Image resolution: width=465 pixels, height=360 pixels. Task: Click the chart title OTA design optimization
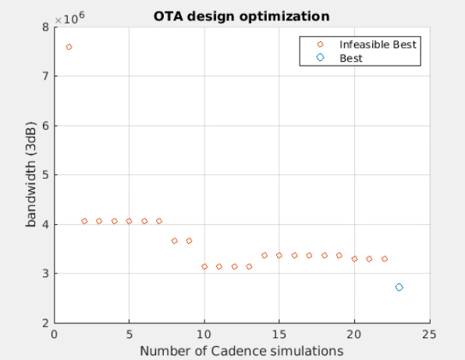pyautogui.click(x=241, y=16)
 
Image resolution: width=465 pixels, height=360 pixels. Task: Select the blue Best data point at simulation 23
pyautogui.click(x=399, y=287)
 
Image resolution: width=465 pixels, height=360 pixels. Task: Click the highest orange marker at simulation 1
pyautogui.click(x=69, y=47)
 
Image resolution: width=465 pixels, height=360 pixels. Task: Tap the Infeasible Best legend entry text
pyautogui.click(x=378, y=45)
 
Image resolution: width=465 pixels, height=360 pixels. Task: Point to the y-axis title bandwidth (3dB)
pyautogui.click(x=32, y=174)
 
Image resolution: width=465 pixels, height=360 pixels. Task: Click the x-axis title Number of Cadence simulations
pyautogui.click(x=240, y=351)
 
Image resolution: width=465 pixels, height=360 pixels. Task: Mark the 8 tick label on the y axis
pyautogui.click(x=44, y=27)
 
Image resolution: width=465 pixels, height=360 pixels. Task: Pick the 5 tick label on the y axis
pyautogui.click(x=44, y=175)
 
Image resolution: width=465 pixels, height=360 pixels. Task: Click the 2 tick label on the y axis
pyautogui.click(x=44, y=323)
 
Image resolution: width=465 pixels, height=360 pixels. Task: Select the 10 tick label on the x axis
pyautogui.click(x=204, y=334)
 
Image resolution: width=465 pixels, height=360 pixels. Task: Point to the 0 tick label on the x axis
pyautogui.click(x=54, y=334)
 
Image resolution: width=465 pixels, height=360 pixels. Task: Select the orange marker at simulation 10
pyautogui.click(x=204, y=266)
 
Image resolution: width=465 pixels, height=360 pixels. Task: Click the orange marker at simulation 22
pyautogui.click(x=385, y=258)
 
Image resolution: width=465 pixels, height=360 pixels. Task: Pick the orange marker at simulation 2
pyautogui.click(x=84, y=221)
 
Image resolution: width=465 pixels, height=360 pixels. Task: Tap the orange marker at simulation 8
pyautogui.click(x=174, y=241)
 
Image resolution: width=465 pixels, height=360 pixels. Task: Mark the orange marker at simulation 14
pyautogui.click(x=264, y=255)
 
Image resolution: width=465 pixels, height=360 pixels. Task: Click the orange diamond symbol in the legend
pyautogui.click(x=320, y=45)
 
